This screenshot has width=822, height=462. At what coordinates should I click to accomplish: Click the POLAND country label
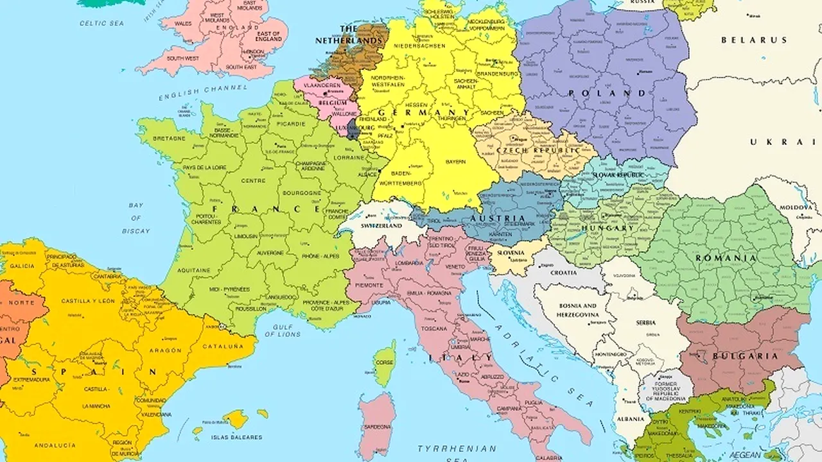pyautogui.click(x=607, y=93)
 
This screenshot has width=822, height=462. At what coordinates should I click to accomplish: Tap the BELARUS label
pyautogui.click(x=753, y=40)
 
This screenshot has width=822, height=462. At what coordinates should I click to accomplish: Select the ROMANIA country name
pyautogui.click(x=726, y=258)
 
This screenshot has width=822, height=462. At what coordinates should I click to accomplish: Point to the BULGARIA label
pyautogui.click(x=745, y=356)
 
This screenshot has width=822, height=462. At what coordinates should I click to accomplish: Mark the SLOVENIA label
pyautogui.click(x=511, y=253)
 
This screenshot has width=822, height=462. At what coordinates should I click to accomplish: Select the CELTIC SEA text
pyautogui.click(x=101, y=23)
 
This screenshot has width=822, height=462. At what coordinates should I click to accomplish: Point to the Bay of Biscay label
pyautogui.click(x=136, y=218)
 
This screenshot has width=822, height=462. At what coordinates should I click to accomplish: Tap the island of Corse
pyautogui.click(x=385, y=363)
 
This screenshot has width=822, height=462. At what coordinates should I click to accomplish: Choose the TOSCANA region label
pyautogui.click(x=434, y=328)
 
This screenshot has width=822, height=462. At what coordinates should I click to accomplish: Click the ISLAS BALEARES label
pyautogui.click(x=237, y=437)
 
